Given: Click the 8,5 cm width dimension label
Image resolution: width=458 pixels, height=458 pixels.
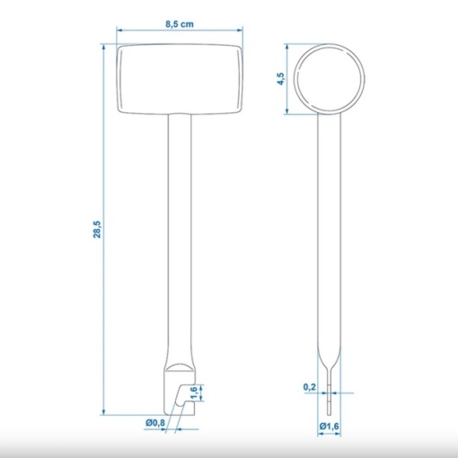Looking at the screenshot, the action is pyautogui.click(x=180, y=24).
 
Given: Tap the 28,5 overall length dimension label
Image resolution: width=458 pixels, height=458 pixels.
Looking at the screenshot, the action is pyautogui.click(x=98, y=230).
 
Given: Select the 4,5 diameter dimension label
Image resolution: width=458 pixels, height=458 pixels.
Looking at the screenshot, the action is pyautogui.click(x=281, y=79).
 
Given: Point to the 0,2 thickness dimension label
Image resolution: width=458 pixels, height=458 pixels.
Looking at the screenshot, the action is pyautogui.click(x=310, y=387).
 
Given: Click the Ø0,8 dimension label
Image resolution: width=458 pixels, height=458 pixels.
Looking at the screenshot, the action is pyautogui.click(x=155, y=423).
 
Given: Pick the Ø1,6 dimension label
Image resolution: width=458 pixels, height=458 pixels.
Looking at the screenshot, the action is pyautogui.click(x=329, y=426).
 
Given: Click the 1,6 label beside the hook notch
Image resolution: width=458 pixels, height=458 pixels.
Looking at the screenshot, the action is pyautogui.click(x=194, y=392).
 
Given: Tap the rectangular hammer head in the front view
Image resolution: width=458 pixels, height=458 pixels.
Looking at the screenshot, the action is pyautogui.click(x=180, y=79).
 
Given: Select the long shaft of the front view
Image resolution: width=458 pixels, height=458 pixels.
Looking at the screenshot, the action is pyautogui.click(x=180, y=240).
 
